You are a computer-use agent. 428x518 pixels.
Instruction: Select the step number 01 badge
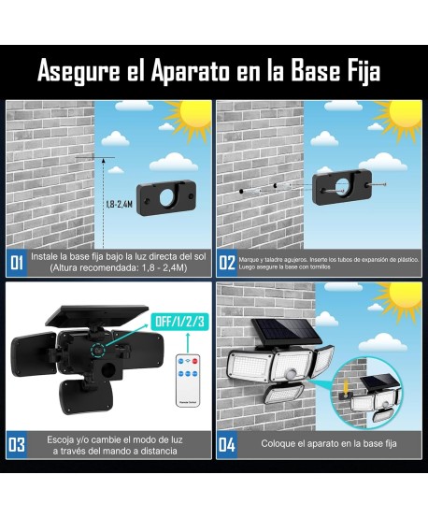click(17, 263)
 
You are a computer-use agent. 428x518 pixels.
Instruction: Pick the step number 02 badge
click(226, 263)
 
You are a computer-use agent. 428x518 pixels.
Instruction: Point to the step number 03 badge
click(17, 445)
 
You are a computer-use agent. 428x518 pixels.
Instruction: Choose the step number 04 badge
click(226, 445)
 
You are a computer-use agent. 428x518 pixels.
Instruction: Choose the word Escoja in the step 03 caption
click(64, 439)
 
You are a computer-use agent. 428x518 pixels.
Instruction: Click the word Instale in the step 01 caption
click(45, 255)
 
